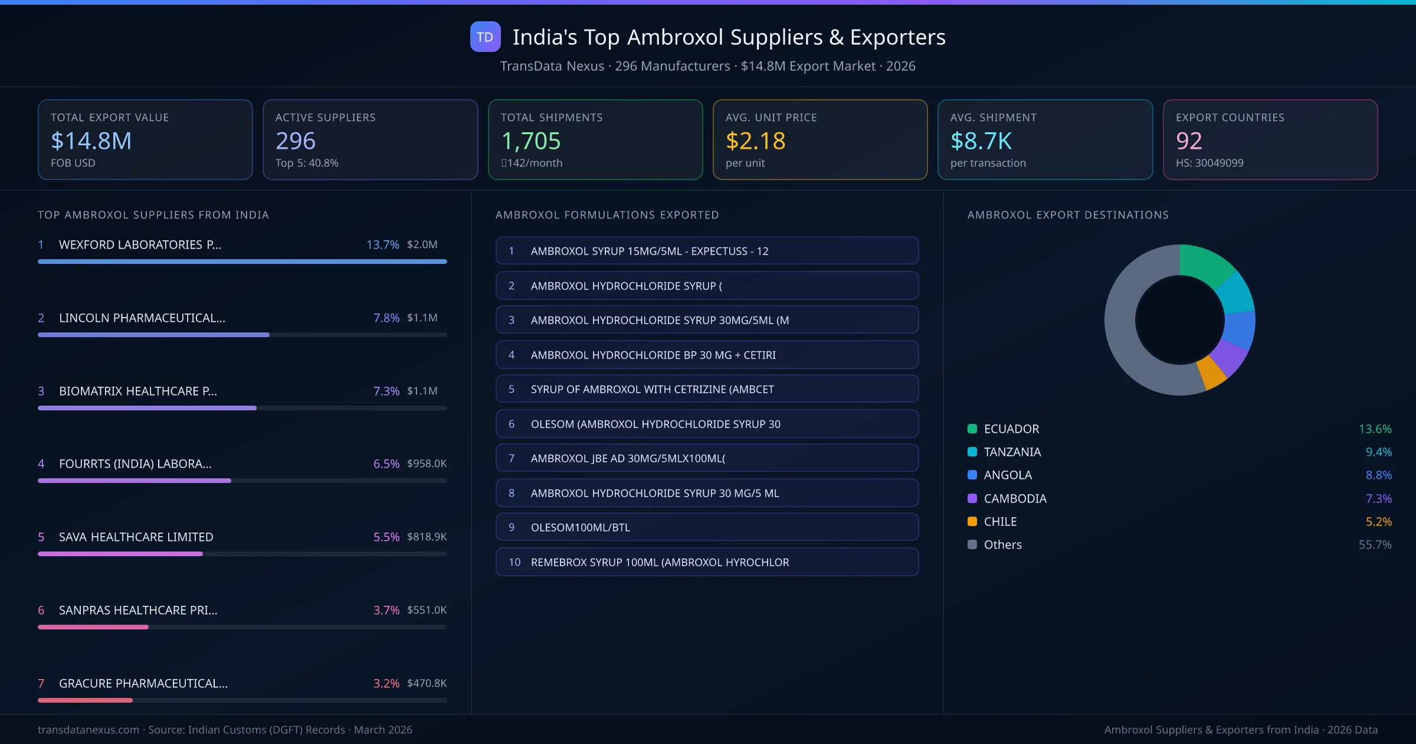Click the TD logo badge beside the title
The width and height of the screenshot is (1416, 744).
(485, 37)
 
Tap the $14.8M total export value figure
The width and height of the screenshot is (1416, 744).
(91, 141)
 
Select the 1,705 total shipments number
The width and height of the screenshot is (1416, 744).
(531, 141)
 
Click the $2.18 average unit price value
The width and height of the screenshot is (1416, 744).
(755, 141)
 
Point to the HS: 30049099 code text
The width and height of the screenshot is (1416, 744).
(1209, 163)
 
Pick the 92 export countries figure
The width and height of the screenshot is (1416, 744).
(1189, 141)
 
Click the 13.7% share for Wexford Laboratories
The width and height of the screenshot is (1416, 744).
(382, 244)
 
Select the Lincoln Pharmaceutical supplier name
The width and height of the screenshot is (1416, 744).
(142, 318)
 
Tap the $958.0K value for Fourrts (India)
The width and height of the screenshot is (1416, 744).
(427, 464)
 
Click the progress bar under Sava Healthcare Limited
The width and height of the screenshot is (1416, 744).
(242, 554)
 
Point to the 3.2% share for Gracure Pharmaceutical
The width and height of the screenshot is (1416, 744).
(386, 683)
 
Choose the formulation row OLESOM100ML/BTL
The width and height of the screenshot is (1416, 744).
(707, 527)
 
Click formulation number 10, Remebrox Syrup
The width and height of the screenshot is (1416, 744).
(707, 562)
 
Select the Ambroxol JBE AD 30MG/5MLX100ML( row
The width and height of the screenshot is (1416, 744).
(707, 458)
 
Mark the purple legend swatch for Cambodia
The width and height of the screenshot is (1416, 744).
(972, 498)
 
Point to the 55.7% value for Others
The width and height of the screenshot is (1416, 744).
(1375, 544)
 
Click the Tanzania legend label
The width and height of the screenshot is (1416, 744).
(1012, 452)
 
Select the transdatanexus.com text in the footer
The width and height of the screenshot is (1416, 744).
(88, 730)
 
